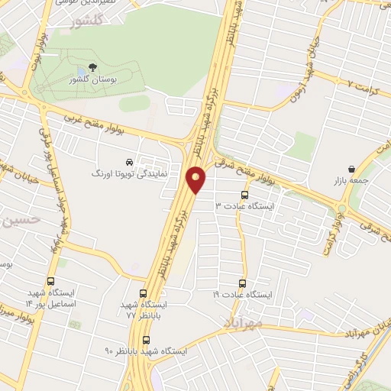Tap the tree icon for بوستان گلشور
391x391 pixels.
click(x=93, y=68)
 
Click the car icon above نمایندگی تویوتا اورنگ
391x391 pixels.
click(x=130, y=163)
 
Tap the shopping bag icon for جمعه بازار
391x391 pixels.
click(x=351, y=169)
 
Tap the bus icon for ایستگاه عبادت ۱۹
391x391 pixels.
click(x=244, y=282)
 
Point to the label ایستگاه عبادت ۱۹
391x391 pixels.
click(x=242, y=294)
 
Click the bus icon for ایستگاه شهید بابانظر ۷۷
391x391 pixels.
click(x=144, y=292)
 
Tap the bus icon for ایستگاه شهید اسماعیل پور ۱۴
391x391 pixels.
click(x=51, y=281)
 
